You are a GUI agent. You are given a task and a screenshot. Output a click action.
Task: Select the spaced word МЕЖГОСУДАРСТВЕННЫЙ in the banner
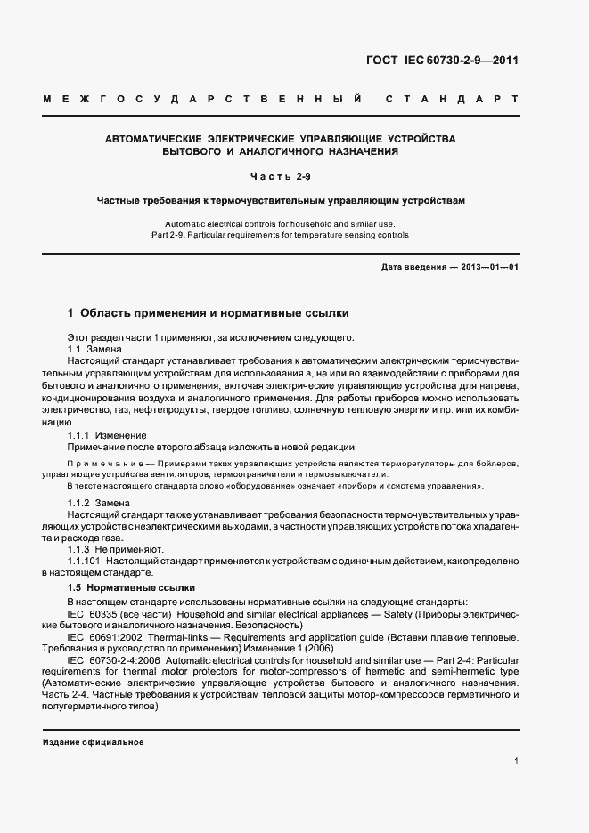[201, 97]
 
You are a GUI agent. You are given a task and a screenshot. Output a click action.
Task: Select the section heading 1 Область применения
[209, 313]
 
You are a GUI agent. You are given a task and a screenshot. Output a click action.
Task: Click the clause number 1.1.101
[86, 562]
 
